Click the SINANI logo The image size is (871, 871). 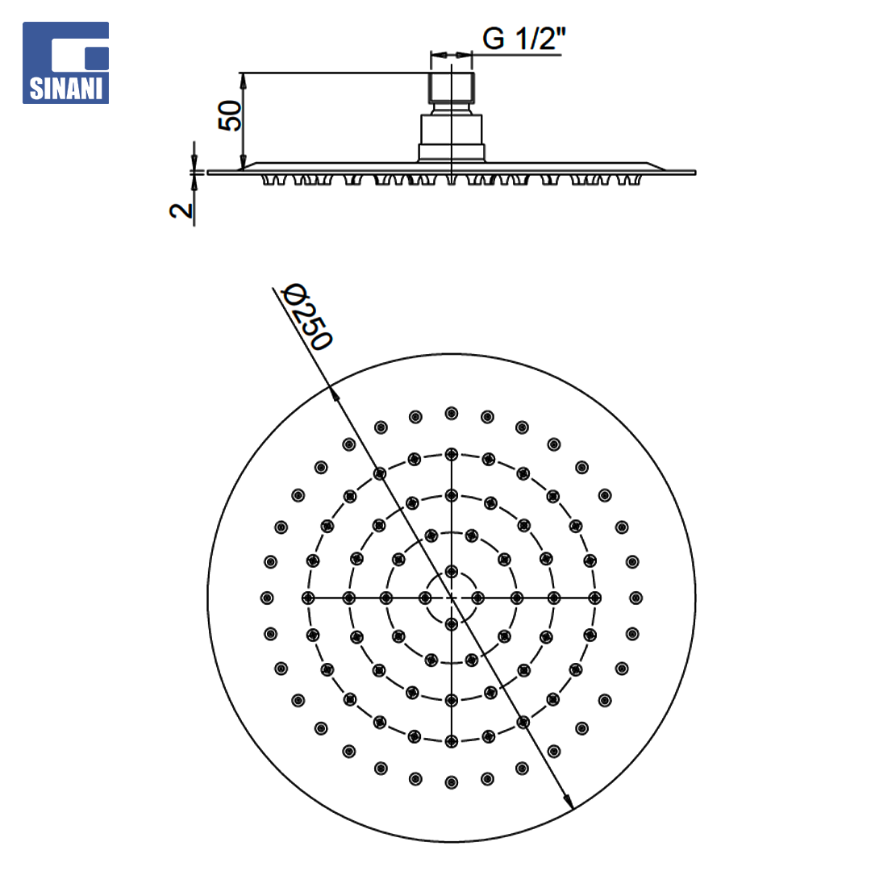(x=65, y=63)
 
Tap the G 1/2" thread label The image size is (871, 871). (x=524, y=39)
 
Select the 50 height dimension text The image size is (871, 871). (x=229, y=115)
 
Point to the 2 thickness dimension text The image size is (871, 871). (x=181, y=210)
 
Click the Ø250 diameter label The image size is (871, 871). (x=306, y=317)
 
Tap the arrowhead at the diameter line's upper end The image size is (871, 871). (x=335, y=394)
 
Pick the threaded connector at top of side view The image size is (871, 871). (x=452, y=89)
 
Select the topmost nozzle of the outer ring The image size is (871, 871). (x=452, y=413)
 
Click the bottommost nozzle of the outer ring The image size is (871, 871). (x=452, y=782)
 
